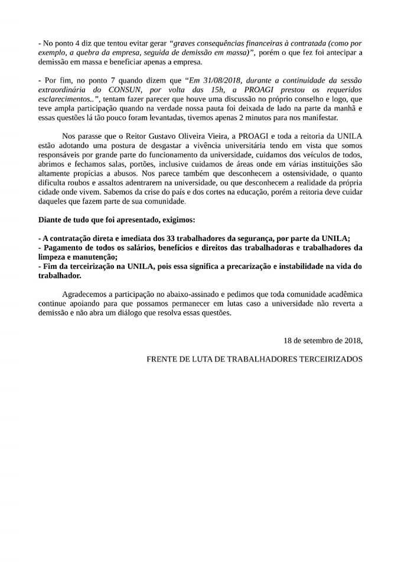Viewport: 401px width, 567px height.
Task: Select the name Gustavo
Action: pos(164,136)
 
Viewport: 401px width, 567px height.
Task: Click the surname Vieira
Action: pos(236,136)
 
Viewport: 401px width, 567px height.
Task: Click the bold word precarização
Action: pos(241,266)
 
